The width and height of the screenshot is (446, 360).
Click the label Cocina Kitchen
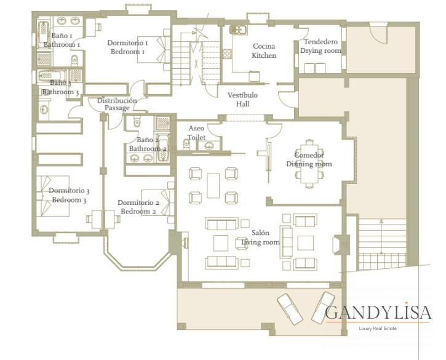[264, 50]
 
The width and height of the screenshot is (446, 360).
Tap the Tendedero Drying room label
[321, 46]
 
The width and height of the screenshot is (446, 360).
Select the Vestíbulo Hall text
[242, 99]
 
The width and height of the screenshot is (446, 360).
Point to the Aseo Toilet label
[196, 133]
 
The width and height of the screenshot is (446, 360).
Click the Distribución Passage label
[117, 104]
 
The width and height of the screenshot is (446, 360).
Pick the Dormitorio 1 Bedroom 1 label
[127, 47]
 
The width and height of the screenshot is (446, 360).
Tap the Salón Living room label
[260, 238]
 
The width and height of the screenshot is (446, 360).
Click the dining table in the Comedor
[309, 164]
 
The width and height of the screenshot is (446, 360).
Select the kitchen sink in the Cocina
[238, 30]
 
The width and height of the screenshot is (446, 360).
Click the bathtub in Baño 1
[44, 34]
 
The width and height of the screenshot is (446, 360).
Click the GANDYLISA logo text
[378, 313]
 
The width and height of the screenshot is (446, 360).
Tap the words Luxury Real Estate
[378, 329]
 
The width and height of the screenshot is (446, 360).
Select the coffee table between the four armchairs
[213, 186]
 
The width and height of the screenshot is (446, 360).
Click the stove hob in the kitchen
[227, 54]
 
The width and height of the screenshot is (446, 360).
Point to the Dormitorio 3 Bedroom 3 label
[69, 195]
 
